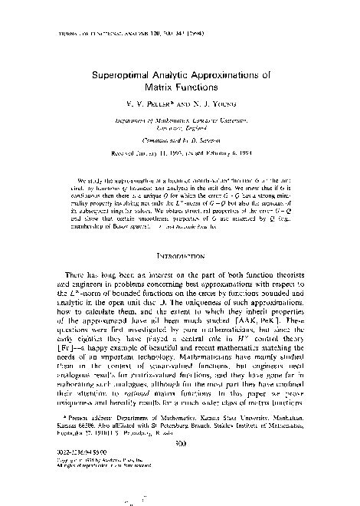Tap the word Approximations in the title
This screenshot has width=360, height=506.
(229, 77)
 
